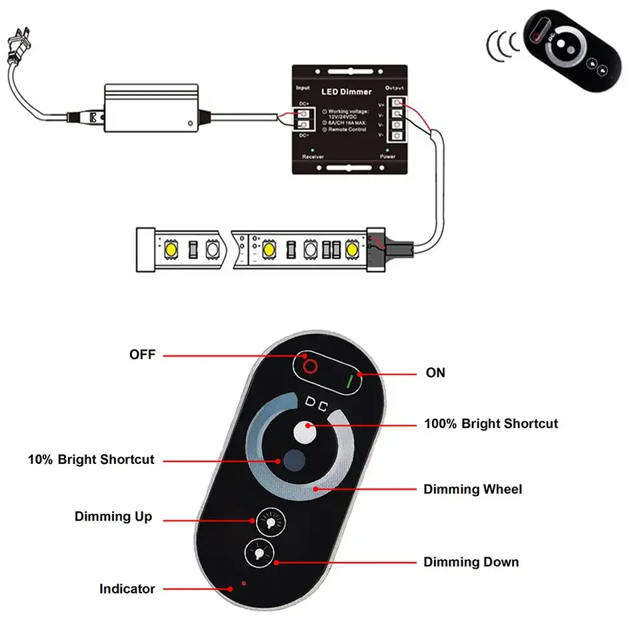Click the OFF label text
(142, 355)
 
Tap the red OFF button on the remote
(309, 366)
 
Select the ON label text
(435, 373)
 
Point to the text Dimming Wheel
(473, 489)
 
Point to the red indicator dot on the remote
(244, 584)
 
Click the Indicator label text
(127, 589)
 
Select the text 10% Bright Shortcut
(91, 459)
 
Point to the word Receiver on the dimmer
(313, 157)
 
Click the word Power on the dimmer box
(387, 157)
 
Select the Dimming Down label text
(471, 562)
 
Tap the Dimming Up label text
(113, 517)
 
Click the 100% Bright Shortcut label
(491, 423)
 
